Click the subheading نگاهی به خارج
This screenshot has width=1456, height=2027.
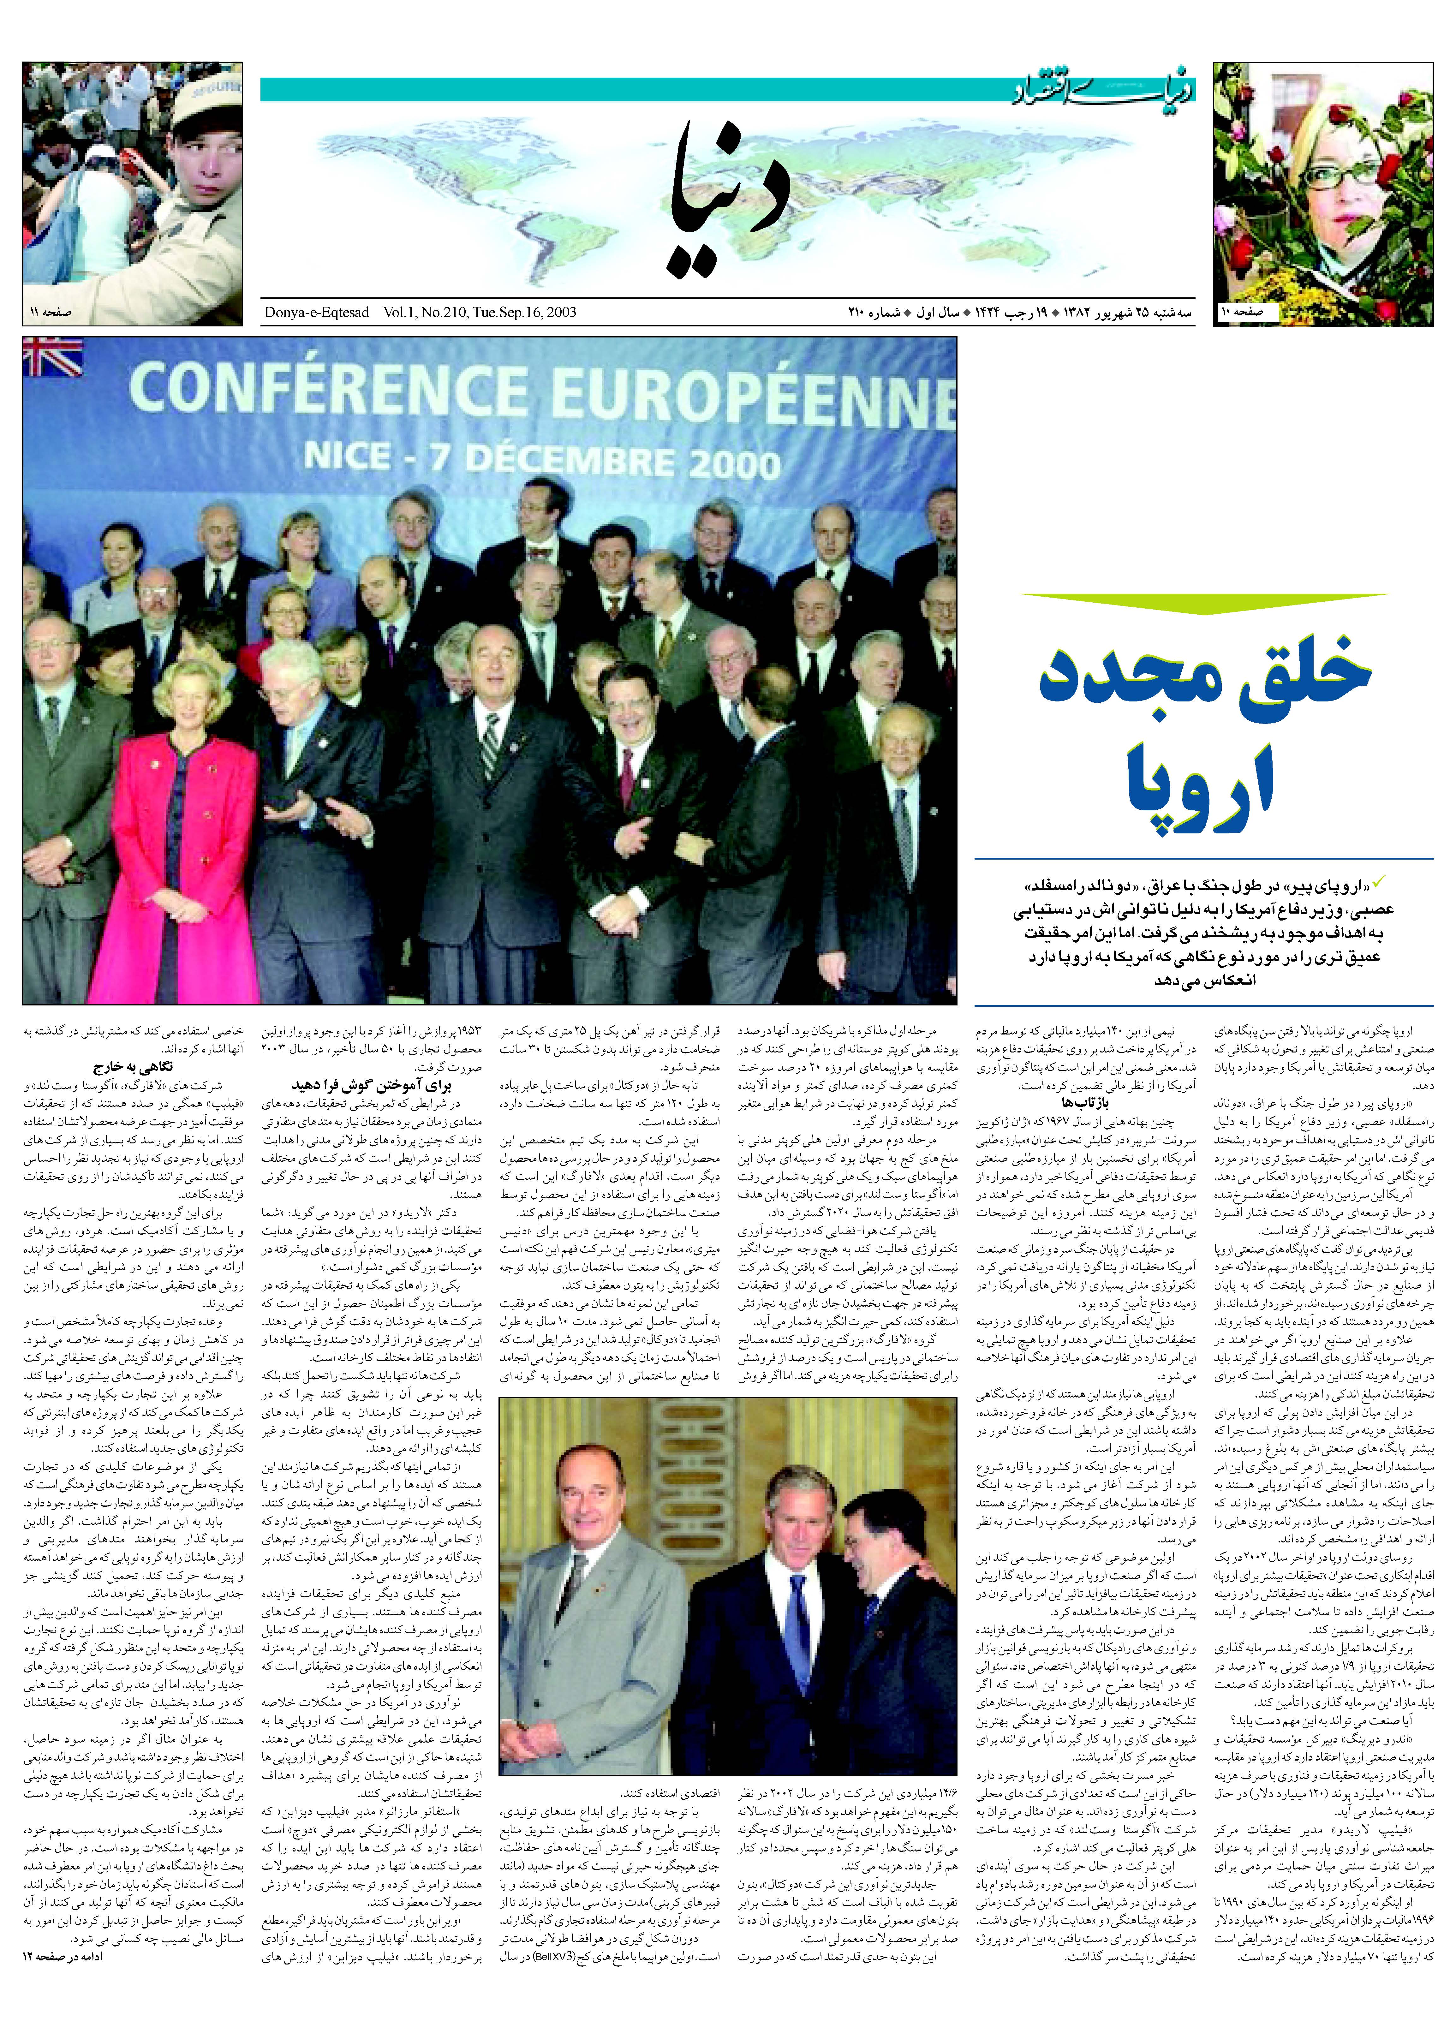pyautogui.click(x=132, y=1067)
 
